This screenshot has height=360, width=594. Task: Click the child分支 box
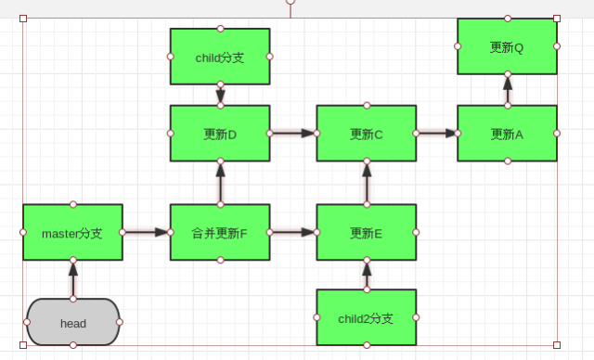pos(220,57)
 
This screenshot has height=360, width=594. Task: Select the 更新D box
pos(220,134)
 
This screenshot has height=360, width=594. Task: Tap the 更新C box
pos(367,134)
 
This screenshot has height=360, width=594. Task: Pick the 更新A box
pos(507,134)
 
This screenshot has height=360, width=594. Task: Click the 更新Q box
pos(507,46)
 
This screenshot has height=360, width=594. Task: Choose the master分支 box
pos(72,232)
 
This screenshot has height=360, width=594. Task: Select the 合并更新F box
pos(220,232)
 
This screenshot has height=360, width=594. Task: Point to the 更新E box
pos(367,232)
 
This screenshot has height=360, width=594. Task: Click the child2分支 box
pos(367,317)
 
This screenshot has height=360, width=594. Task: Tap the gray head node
pos(72,322)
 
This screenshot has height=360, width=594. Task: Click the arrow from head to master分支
pos(72,279)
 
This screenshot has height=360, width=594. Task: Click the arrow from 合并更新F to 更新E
pos(292,232)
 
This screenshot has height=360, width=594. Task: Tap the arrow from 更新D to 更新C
pos(292,134)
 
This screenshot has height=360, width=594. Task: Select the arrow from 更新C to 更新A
pos(436,134)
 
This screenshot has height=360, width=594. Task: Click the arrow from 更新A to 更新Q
pos(507,90)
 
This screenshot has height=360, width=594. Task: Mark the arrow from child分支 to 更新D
pos(220,95)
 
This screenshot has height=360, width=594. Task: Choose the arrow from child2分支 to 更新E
pos(367,275)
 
